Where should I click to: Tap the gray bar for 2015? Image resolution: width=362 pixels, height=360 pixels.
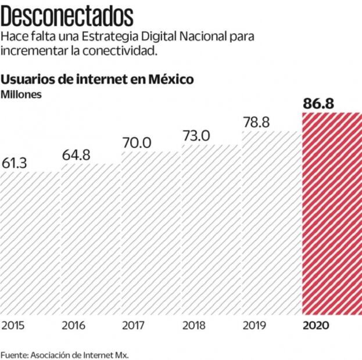coord(30,244)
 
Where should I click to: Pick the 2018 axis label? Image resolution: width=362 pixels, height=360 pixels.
coord(194,325)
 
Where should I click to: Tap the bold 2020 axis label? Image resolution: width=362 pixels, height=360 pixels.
coord(316,325)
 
